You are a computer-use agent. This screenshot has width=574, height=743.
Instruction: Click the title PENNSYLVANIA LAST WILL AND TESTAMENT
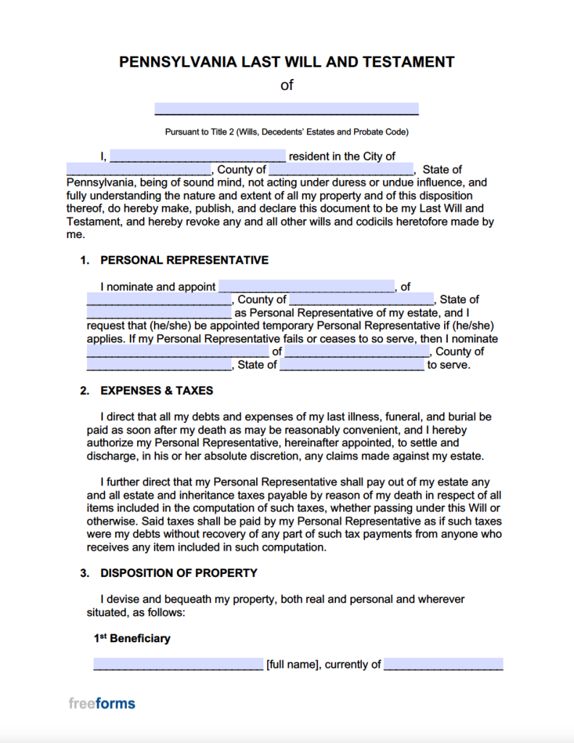pos(287,62)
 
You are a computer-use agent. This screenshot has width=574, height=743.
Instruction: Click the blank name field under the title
pos(287,109)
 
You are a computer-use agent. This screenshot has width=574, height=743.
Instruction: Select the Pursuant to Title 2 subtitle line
pos(287,132)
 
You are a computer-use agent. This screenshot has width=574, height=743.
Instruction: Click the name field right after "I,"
pos(198,156)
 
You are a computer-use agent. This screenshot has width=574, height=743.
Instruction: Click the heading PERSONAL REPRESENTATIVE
pos(184,260)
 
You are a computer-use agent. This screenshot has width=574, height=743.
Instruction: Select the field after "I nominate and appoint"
pos(306,287)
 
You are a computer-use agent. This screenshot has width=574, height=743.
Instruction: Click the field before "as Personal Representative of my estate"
pos(159,313)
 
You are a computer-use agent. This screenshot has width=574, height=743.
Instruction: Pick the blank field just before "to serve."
pos(352,365)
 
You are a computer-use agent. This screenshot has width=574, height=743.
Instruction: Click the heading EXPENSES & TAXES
pos(157,390)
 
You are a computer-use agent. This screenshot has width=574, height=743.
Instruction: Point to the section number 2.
pos(84,390)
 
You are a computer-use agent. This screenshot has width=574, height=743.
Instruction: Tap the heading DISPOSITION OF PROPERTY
pos(179,573)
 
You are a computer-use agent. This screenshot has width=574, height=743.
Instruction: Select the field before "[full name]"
pos(179,664)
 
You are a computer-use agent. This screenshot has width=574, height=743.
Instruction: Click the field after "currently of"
pos(443,664)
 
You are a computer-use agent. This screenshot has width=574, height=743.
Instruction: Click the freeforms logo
pos(102,703)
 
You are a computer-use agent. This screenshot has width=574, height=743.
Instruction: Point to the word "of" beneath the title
pos(287,85)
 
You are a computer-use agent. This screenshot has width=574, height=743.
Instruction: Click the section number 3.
pos(84,573)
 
